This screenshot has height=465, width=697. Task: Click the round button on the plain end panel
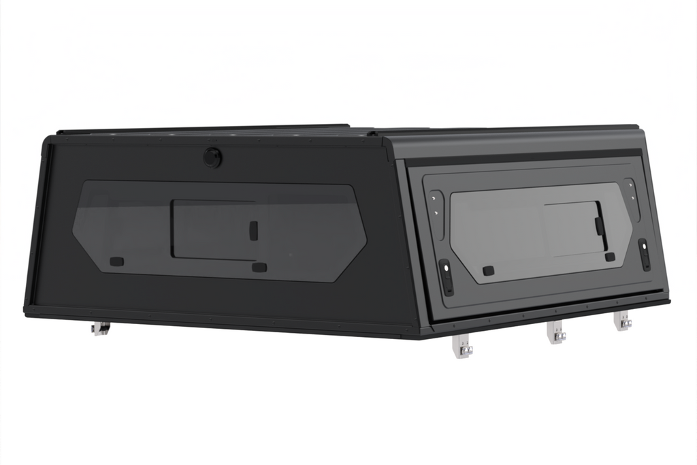pos(212,157)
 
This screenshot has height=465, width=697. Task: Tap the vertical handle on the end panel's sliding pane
pos(253,230)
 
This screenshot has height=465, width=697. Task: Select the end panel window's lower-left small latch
pos(116,261)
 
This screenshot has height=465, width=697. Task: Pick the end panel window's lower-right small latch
pos(259,267)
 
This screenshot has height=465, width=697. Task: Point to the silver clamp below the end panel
pos(101,329)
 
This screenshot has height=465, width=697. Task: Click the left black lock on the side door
pos(446,277)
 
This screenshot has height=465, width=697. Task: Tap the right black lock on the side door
pos(643,253)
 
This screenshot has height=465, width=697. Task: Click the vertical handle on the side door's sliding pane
pos(599,225)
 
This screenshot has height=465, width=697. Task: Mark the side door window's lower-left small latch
pos(488,270)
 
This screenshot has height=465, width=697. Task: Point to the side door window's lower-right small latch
pos(610,257)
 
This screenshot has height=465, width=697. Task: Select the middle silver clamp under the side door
pos(557,333)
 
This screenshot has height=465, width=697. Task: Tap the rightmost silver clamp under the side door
pos(623,321)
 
